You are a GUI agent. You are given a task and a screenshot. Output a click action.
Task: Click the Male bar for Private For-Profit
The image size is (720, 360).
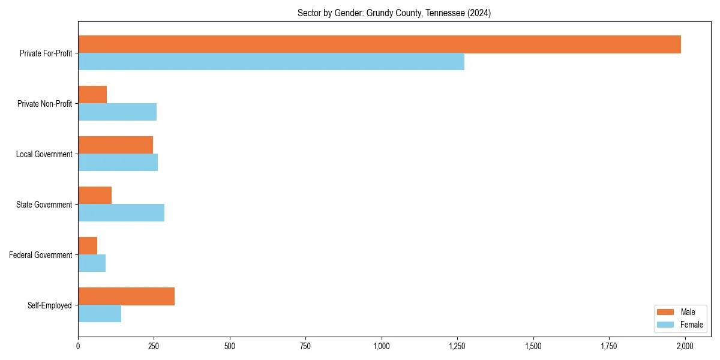[x=379, y=44]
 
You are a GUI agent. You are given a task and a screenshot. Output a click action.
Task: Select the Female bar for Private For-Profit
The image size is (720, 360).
[x=271, y=61]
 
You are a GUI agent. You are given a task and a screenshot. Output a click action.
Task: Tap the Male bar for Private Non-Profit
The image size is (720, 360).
[x=92, y=95]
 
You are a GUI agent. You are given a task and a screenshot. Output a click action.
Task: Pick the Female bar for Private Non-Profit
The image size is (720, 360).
[x=117, y=112]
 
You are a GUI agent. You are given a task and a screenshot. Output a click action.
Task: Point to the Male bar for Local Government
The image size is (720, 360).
[x=115, y=145]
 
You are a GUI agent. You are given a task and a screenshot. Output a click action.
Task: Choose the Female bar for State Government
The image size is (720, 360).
[x=121, y=212]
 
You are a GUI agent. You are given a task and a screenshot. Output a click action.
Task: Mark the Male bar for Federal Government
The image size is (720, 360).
[x=88, y=246]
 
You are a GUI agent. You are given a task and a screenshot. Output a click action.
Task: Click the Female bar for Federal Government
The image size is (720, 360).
[x=92, y=263]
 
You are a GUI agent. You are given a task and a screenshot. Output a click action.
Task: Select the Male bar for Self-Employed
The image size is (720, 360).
[x=126, y=296]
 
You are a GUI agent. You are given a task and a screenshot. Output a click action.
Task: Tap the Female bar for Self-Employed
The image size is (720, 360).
[x=100, y=313]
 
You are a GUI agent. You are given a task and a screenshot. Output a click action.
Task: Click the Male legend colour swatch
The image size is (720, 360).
[x=666, y=312]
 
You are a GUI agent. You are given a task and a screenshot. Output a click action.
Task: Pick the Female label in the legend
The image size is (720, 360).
[x=691, y=325]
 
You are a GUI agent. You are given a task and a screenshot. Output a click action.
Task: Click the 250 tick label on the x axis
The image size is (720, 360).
[x=154, y=346]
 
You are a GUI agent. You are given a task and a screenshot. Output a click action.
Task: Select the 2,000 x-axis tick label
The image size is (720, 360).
[x=685, y=346]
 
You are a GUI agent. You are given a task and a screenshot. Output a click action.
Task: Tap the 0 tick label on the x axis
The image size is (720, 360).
[x=78, y=346]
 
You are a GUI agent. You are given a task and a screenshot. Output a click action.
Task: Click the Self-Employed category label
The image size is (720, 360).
[x=50, y=305]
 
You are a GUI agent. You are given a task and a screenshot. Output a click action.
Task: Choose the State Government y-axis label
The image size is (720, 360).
[x=44, y=205]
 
